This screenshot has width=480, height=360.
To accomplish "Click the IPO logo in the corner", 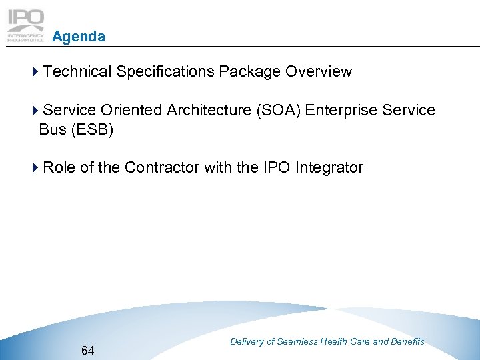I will tap(26, 25).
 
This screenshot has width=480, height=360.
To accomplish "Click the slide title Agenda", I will tap(78, 37).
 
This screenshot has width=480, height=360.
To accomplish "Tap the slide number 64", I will tap(87, 350).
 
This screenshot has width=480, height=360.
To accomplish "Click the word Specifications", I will tap(165, 72).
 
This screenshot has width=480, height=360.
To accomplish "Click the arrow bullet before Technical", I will tap(35, 72).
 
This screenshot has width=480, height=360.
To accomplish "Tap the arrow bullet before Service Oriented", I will tap(35, 110).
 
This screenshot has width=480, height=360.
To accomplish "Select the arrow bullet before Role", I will tap(35, 167).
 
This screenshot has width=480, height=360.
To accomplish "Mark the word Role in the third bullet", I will tap(59, 167).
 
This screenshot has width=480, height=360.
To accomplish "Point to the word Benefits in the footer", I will tap(407, 341).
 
